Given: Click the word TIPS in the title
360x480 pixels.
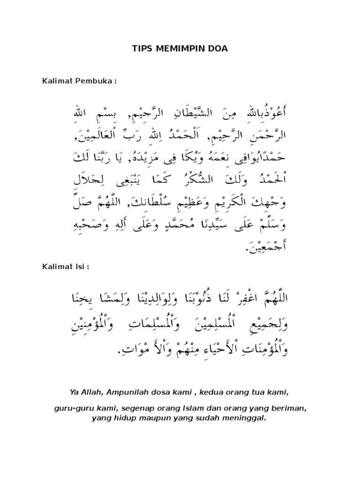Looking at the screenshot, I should pos(139,48).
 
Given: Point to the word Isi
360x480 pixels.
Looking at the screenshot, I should pos(81,266).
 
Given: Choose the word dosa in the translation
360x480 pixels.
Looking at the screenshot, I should pos(155,391).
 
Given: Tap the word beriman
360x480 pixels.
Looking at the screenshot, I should pos(292,408).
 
